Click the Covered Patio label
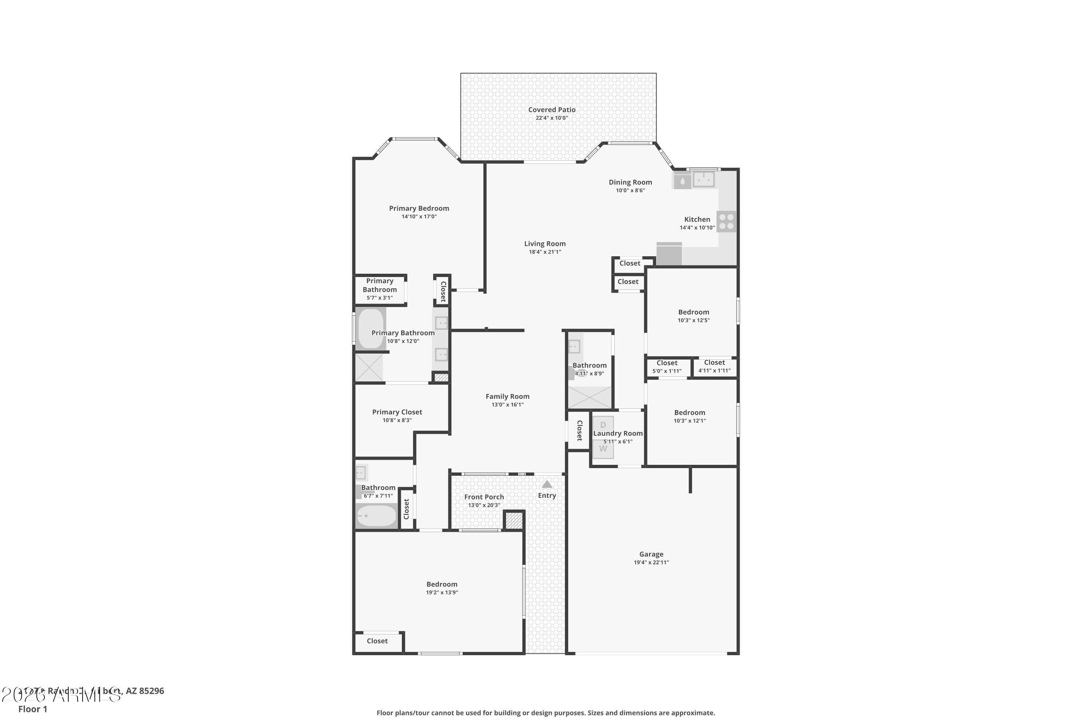551,110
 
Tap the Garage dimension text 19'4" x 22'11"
651,562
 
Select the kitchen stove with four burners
726,221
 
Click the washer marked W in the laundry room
603,449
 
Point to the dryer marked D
603,425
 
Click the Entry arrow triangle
547,484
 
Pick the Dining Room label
630,182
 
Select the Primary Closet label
397,412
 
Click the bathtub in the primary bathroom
371,328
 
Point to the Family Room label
507,396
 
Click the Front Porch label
484,497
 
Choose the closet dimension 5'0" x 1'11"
667,371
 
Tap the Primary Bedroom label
419,208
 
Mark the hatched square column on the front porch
514,520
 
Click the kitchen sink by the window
703,179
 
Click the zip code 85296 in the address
151,691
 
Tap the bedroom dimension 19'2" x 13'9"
442,593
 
